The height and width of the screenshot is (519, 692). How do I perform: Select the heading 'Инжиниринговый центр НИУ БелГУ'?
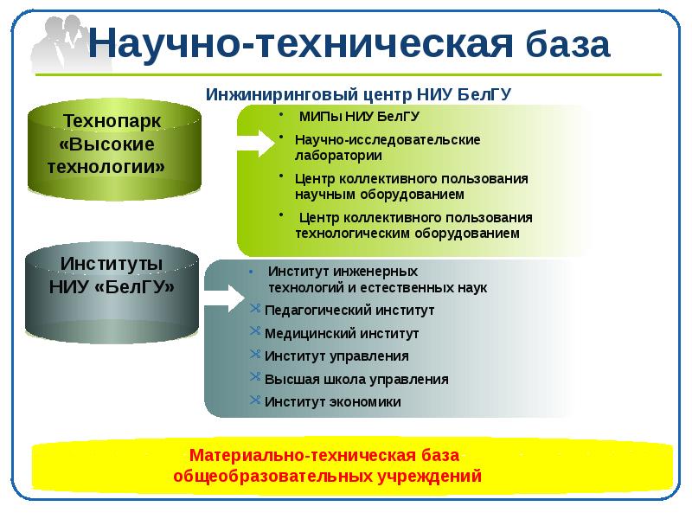[364, 93]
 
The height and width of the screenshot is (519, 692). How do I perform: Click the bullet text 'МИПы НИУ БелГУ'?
[358, 117]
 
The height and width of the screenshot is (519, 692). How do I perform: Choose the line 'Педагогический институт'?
[349, 310]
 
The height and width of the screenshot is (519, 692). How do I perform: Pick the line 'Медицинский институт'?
[342, 333]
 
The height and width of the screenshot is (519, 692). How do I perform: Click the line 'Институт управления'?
[336, 356]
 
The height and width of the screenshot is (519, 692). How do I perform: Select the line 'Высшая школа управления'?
[356, 379]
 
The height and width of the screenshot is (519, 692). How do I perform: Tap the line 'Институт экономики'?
[333, 401]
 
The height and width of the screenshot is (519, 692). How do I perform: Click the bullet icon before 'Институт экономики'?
[254, 400]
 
